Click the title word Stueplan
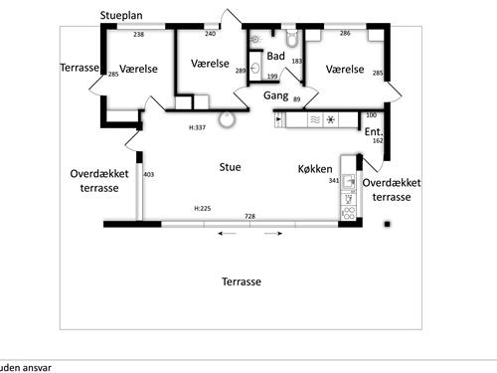point(124,16)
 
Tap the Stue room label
point(230,167)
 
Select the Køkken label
point(314,169)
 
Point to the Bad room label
point(275,56)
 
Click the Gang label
point(275,95)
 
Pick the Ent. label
point(374,131)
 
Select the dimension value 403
point(149,175)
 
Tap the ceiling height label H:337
point(197,127)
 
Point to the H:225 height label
point(202,209)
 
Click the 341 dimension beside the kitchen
point(334,181)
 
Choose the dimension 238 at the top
point(139,35)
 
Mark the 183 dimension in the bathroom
point(296,62)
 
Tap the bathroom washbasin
point(255,70)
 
